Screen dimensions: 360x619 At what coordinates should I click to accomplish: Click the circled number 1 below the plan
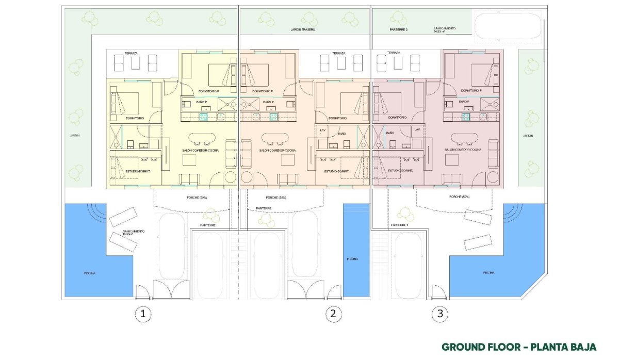click(x=143, y=313)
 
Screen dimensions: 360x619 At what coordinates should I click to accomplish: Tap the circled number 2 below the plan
click(x=334, y=313)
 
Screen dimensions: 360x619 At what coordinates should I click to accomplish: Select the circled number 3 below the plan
click(x=439, y=313)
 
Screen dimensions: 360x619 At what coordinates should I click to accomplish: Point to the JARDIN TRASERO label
click(x=303, y=30)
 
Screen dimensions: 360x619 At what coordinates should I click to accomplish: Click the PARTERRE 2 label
click(x=398, y=30)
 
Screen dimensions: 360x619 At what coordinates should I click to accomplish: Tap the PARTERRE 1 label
click(x=399, y=225)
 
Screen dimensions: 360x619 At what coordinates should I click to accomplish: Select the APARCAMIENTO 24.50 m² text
click(x=444, y=30)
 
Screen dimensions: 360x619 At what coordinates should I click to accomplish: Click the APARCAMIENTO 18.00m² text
click(x=133, y=233)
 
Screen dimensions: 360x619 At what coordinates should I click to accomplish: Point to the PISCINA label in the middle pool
click(x=352, y=259)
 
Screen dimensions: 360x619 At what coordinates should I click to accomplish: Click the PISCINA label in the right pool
click(x=489, y=272)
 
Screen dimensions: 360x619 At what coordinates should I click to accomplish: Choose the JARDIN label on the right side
click(x=527, y=136)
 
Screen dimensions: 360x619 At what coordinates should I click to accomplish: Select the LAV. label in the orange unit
click(x=323, y=130)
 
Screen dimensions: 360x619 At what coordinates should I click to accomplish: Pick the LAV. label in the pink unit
click(x=416, y=130)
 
